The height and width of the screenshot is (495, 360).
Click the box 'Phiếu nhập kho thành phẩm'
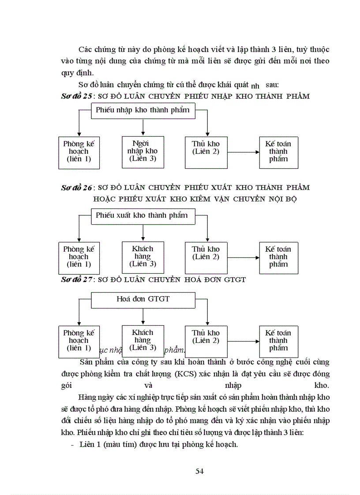(143, 110)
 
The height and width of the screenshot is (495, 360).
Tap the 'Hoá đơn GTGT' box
(143, 299)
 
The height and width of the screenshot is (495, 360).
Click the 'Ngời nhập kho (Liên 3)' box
(143, 152)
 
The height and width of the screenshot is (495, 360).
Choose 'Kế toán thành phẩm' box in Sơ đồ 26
(278, 257)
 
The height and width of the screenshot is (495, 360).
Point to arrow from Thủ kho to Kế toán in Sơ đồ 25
(243, 153)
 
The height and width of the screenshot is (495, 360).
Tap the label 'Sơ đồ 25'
(76, 97)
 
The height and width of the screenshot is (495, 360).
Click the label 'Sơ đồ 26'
(76, 188)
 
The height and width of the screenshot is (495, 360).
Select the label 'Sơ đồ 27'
(76, 279)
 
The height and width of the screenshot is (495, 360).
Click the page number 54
(199, 471)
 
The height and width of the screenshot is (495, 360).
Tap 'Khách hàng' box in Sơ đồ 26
(143, 257)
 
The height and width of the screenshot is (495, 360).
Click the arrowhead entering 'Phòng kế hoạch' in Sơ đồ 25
(79, 134)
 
